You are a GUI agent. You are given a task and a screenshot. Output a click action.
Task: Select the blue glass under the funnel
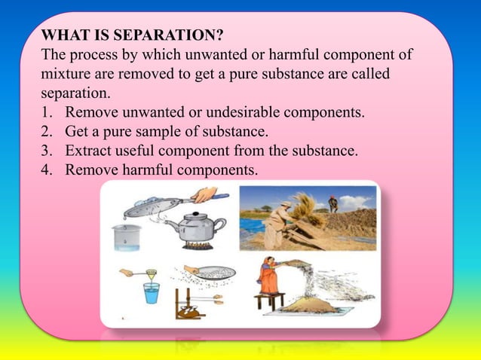[152, 292]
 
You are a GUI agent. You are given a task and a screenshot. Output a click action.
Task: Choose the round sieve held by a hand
[215, 273]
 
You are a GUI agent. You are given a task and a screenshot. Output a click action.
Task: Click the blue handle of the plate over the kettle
[218, 197]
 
